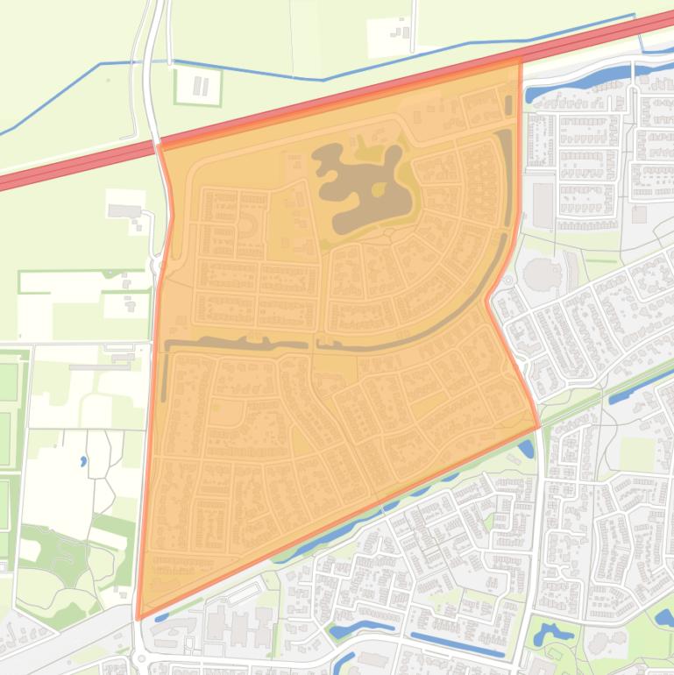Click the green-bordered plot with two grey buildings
[x=198, y=86]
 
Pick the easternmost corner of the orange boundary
[x=538, y=427]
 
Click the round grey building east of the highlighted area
[x=539, y=274]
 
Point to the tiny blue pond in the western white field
[x=83, y=459]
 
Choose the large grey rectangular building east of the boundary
[x=543, y=204]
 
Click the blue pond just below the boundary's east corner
[x=526, y=450]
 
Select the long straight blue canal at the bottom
[x=456, y=644]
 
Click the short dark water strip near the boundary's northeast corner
[x=508, y=104]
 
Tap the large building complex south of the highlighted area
[x=237, y=624]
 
